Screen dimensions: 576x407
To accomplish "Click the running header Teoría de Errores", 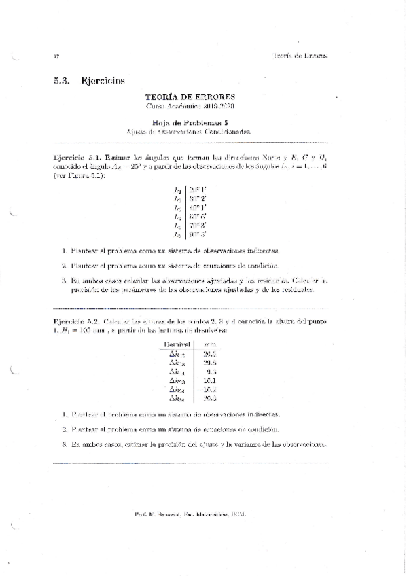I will click(299, 56).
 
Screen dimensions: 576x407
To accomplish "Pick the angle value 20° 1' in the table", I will click(198, 190).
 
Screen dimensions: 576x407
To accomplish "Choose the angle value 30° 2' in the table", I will click(198, 199).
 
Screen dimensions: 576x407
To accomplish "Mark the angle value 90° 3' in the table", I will click(198, 235).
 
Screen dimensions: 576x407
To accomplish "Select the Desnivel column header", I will click(175, 345).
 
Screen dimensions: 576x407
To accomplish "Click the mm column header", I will click(209, 345).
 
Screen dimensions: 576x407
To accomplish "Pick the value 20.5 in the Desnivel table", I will click(209, 354).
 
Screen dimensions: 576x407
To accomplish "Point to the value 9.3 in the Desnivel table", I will click(211, 372).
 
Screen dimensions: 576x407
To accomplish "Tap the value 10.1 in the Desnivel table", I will click(209, 380).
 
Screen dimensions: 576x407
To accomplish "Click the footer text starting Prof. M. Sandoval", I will click(190, 514).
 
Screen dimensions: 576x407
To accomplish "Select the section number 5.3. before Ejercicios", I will click(62, 81).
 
